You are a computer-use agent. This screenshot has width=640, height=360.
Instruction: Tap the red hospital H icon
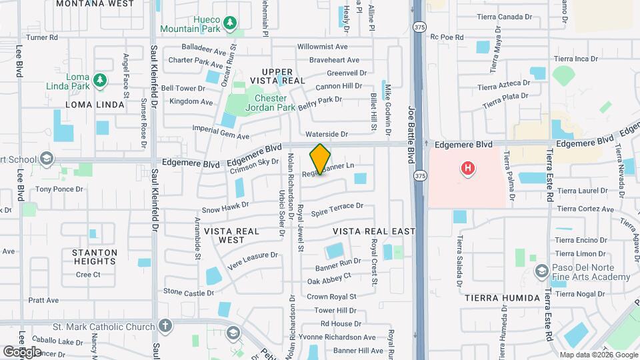[x=468, y=169]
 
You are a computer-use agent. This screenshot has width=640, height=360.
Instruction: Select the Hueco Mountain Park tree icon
[x=230, y=24]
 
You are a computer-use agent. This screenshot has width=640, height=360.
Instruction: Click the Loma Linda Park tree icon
[x=100, y=80]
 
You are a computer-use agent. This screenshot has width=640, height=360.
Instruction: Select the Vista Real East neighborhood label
[x=373, y=231]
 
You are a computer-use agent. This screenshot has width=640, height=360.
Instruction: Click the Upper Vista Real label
[x=277, y=75]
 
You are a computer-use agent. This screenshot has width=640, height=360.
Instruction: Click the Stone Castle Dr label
[x=189, y=292]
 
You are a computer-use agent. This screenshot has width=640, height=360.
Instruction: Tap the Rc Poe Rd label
[x=447, y=37]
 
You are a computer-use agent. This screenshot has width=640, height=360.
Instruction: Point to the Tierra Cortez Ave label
[x=585, y=209]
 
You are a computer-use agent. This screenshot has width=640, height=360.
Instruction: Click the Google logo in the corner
[x=22, y=351]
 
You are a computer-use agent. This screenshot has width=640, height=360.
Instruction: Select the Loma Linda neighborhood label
[x=95, y=105]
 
